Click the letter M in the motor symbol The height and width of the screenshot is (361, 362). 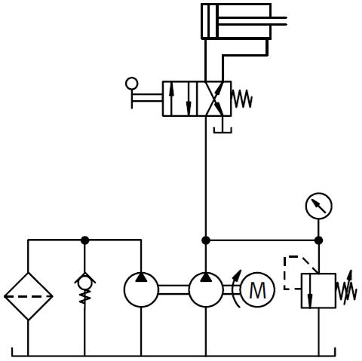pyautogui.click(x=258, y=290)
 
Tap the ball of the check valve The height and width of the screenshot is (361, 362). pyautogui.click(x=84, y=283)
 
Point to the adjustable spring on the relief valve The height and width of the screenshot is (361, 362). pyautogui.click(x=346, y=289)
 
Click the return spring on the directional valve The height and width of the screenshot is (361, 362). pyautogui.click(x=241, y=99)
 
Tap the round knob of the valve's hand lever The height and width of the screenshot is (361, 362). pyautogui.click(x=132, y=84)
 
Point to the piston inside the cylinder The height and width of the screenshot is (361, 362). pyautogui.click(x=212, y=21)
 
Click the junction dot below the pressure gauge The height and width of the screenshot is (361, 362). pyautogui.click(x=318, y=240)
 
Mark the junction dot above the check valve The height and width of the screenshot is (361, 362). pyautogui.click(x=84, y=240)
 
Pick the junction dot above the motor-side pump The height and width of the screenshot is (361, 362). pyautogui.click(x=206, y=240)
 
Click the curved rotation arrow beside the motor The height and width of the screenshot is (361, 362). pyautogui.click(x=235, y=289)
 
